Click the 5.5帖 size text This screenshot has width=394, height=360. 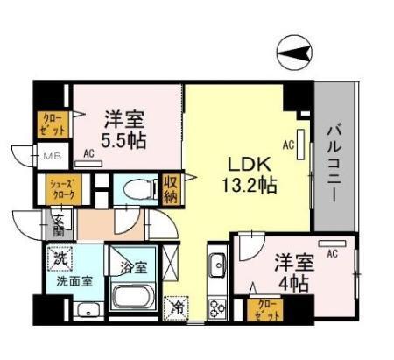[x=123, y=138]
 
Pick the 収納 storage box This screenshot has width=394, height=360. [x=170, y=189]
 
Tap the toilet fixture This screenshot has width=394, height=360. [x=135, y=188]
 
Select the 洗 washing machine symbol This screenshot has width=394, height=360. [x=60, y=259]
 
